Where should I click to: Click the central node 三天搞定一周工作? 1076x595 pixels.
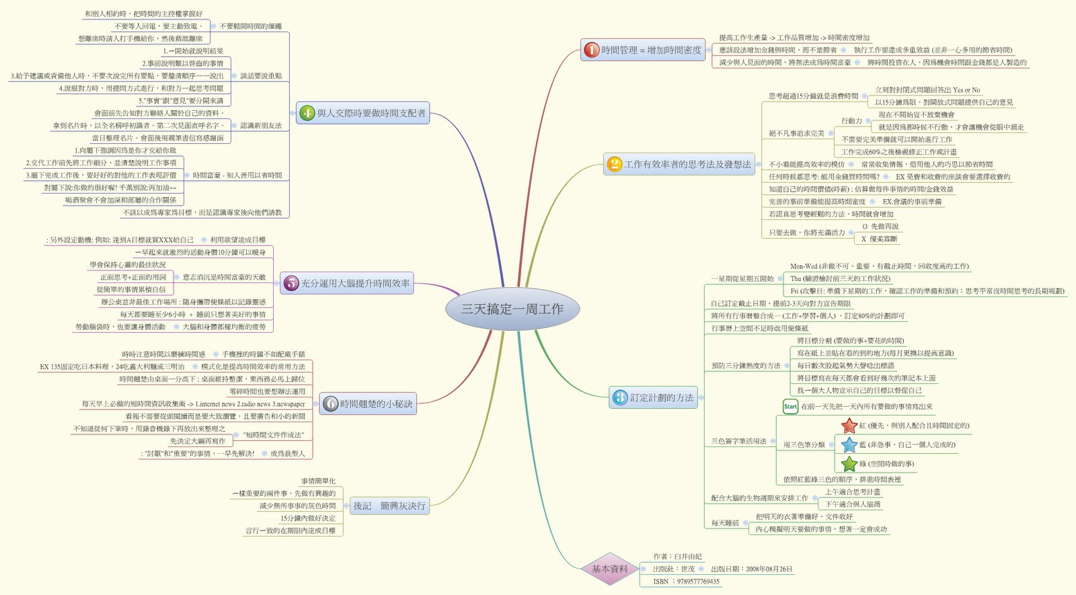[512, 309]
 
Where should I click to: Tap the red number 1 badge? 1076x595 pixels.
[591, 50]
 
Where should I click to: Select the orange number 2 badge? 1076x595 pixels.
[614, 164]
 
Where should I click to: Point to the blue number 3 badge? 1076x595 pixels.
[620, 397]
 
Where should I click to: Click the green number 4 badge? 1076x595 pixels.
[307, 113]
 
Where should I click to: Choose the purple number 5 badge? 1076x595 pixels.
[291, 283]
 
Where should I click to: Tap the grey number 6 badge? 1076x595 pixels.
[330, 403]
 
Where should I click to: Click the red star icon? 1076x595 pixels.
[849, 426]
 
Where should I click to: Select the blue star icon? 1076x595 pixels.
[849, 444]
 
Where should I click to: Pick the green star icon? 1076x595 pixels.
[849, 463]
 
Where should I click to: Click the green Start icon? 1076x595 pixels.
[790, 406]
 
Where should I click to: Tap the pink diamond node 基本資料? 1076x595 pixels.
[609, 569]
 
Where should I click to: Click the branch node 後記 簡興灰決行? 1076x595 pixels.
[389, 506]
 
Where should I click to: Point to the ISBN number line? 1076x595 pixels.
[686, 582]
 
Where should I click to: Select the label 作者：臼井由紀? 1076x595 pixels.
[677, 556]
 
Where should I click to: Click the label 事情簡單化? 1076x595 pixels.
[318, 481]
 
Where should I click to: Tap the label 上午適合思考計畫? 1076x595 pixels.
[852, 491]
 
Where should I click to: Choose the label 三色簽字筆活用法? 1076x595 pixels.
[739, 441]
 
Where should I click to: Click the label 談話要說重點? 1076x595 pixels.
[261, 76]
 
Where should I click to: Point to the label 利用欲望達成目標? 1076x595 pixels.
[237, 239]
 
